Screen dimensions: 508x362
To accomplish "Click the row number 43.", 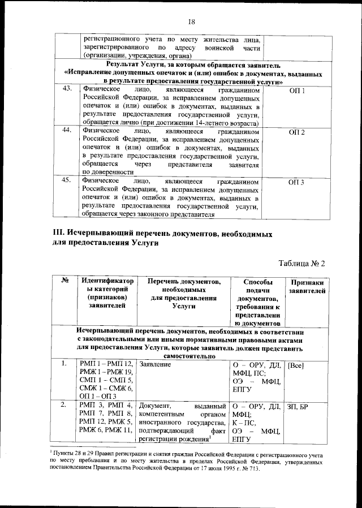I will pos(67,89).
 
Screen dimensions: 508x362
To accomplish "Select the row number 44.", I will pos(67,131).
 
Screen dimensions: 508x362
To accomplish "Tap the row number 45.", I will pos(67,180).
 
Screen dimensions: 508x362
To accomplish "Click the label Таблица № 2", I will pos(303,263).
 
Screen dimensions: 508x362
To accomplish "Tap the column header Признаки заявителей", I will pos(307,286).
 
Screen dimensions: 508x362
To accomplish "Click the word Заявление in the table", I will pos(156,365).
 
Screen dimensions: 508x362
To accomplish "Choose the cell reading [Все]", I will pos(296,365).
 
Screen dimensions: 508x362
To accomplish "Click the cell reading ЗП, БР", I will pos(298,406).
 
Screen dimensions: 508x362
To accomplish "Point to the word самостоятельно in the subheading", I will pos(189,357).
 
